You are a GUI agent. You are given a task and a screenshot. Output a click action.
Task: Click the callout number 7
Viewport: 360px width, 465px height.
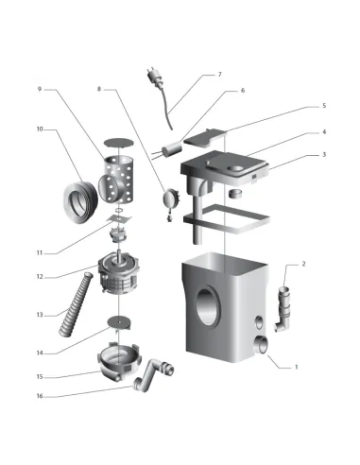[220, 75]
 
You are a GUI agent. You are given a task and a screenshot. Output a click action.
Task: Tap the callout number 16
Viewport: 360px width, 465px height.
[40, 396]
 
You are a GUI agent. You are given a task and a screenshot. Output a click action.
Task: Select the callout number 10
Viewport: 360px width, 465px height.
[40, 129]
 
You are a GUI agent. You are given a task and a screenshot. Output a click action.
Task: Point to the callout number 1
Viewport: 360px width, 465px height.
[296, 367]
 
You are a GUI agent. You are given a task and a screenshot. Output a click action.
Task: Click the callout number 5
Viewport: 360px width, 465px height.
[324, 106]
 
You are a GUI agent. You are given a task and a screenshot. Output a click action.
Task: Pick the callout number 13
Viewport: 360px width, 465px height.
[40, 315]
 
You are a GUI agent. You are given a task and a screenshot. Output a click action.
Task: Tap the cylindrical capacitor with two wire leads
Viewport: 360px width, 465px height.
[170, 150]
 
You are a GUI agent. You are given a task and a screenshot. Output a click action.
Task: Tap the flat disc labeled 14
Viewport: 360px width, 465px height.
[119, 322]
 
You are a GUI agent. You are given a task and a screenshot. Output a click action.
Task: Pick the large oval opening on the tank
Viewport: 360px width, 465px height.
[207, 305]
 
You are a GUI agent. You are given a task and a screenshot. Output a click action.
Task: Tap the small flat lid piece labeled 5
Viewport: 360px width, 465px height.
[205, 137]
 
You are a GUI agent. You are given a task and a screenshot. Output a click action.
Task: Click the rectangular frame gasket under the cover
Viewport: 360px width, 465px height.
[227, 218]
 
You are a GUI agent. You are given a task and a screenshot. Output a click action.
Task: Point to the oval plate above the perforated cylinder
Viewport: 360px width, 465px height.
[119, 143]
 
